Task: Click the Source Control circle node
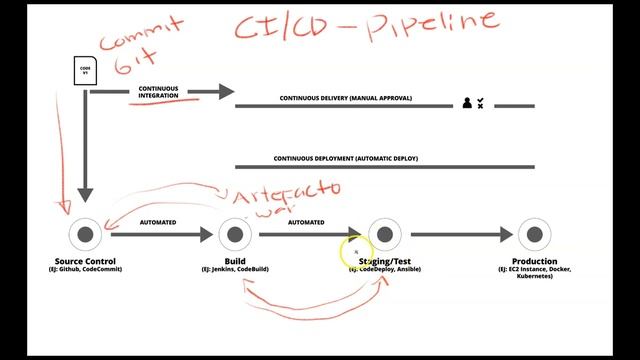(85, 235)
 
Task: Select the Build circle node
(234, 235)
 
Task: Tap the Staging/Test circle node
(384, 235)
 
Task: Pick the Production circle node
(534, 235)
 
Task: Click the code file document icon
(85, 71)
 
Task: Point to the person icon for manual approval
(466, 102)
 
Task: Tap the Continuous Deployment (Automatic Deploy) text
(346, 159)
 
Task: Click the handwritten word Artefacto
(299, 189)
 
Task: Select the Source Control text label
(85, 261)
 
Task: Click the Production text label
(534, 261)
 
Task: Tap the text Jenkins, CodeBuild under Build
(234, 270)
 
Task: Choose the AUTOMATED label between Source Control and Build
(159, 222)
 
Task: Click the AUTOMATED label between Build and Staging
(306, 222)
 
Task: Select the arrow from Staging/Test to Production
(461, 235)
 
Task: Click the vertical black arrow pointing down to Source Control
(85, 150)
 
